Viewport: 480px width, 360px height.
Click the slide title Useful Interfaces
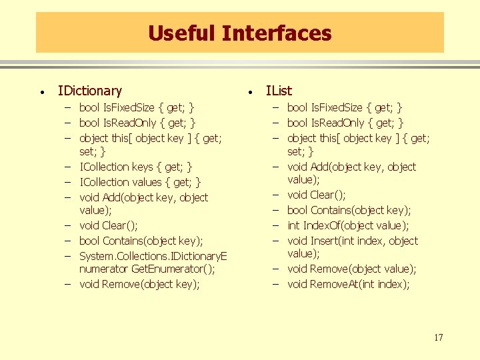click(x=239, y=33)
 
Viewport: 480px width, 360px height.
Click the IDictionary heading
click(x=90, y=91)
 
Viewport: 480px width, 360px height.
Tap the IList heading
click(x=279, y=91)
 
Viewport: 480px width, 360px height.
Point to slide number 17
click(x=437, y=337)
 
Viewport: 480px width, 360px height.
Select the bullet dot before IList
click(x=249, y=92)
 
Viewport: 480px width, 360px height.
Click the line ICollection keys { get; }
click(x=136, y=167)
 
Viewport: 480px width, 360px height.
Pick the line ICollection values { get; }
click(x=140, y=182)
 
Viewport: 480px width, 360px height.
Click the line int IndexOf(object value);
click(x=348, y=226)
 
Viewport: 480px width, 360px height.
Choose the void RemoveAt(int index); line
click(x=348, y=285)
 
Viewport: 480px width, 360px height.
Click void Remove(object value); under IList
click(x=351, y=269)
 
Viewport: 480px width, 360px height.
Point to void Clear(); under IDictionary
click(x=108, y=226)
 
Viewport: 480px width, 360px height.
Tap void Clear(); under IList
click(x=316, y=195)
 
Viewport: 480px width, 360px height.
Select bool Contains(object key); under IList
click(x=349, y=211)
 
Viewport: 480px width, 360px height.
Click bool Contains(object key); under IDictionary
click(x=141, y=241)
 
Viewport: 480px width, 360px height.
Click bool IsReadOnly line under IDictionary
click(x=137, y=123)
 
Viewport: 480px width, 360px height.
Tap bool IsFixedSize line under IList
click(x=345, y=107)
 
